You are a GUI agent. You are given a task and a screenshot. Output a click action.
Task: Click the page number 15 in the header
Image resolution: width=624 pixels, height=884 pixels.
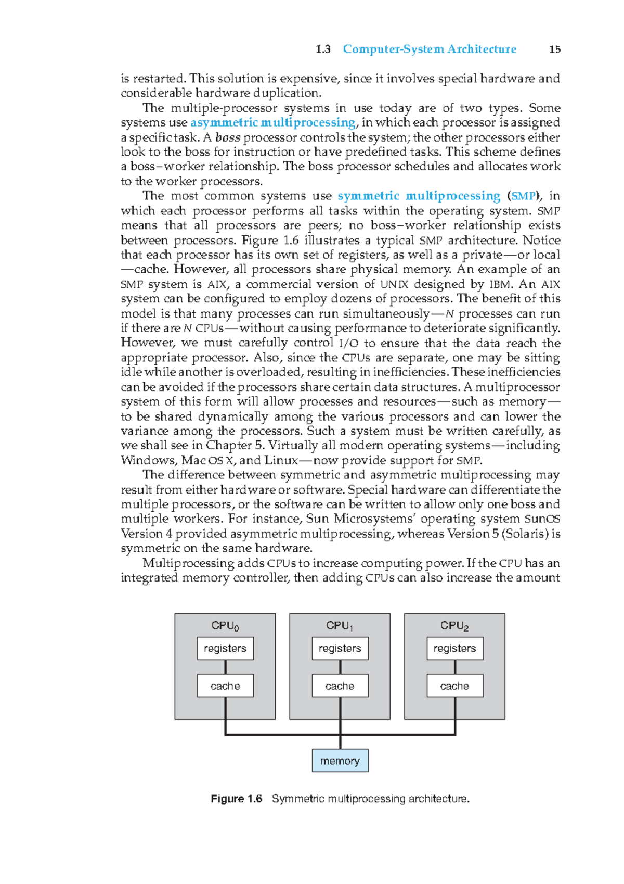[x=555, y=49]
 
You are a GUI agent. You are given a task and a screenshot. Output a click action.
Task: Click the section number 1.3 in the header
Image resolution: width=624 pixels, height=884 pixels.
[x=323, y=49]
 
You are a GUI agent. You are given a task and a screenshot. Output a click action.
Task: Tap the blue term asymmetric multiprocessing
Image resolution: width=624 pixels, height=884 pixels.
[x=273, y=122]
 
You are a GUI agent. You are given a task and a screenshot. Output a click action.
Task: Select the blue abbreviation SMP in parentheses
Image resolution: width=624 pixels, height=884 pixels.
[x=523, y=196]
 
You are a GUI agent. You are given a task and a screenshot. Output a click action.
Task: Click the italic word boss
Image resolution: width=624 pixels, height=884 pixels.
[x=228, y=137]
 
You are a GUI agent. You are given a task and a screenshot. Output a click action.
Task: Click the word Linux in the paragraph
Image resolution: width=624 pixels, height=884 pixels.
[x=281, y=460]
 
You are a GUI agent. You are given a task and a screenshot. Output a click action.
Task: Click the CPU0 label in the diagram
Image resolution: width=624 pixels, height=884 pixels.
[x=225, y=626]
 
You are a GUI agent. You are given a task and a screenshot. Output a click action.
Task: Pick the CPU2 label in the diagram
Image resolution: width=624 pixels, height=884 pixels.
[x=454, y=626]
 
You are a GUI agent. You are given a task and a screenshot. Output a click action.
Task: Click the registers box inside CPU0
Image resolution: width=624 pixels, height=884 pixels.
[x=225, y=648]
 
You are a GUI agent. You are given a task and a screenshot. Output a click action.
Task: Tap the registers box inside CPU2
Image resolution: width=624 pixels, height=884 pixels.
[x=454, y=648]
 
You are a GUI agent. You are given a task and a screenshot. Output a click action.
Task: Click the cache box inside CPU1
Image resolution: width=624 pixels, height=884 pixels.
[x=340, y=686]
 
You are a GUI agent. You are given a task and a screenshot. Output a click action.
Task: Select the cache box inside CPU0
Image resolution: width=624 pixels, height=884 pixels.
[x=225, y=686]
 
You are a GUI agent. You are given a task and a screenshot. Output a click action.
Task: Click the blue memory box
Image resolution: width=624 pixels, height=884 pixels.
[x=340, y=761]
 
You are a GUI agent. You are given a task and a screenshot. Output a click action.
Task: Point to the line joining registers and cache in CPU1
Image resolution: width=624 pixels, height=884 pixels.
[x=340, y=667]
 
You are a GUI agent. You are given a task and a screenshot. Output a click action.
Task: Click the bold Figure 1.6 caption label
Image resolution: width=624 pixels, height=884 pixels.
[x=236, y=799]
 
